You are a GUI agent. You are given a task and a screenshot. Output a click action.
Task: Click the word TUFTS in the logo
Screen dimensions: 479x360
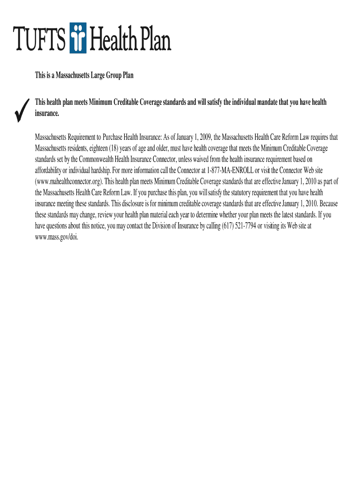[39, 38]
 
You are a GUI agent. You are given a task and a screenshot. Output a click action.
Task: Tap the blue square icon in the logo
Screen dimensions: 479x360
[78, 38]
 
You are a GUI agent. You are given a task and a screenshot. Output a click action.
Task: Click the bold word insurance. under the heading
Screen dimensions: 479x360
[47, 114]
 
